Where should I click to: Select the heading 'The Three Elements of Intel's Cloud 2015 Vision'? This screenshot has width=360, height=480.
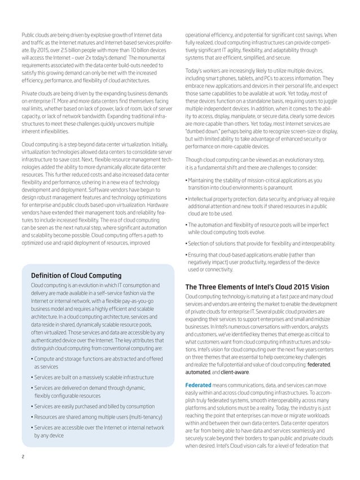click(x=258, y=286)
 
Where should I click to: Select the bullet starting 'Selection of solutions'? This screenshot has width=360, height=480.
click(x=261, y=243)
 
